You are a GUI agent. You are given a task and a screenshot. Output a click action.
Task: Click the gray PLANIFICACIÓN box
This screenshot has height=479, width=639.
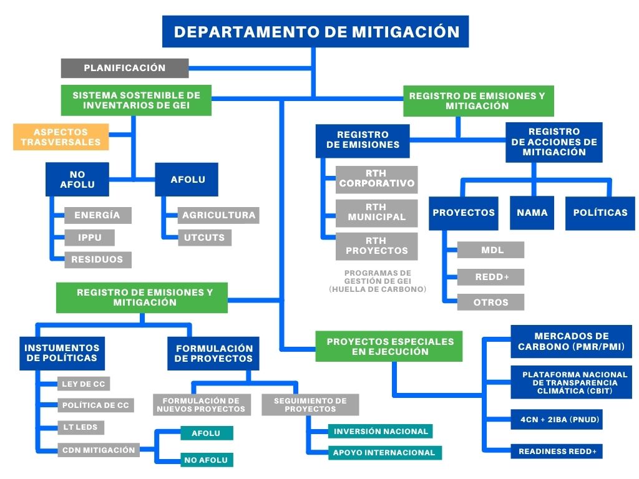pos(125,68)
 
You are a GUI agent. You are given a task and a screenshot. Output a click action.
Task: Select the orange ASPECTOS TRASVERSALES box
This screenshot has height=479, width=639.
pos(61,137)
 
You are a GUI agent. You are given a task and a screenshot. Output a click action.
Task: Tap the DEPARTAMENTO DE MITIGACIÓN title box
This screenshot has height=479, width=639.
pos(315,31)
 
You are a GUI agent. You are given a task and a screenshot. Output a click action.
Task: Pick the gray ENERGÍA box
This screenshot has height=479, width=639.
pos(98,215)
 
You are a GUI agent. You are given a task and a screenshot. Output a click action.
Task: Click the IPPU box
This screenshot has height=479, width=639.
pos(89,238)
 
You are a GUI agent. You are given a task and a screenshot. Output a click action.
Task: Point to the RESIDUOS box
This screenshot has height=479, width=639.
pos(98,259)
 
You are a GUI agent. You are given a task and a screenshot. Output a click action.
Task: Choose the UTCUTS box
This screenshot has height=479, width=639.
pos(205,238)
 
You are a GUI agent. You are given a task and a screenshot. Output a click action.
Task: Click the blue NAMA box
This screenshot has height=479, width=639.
pos(532,213)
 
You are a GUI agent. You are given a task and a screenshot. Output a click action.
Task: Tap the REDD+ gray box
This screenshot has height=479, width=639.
pos(490,277)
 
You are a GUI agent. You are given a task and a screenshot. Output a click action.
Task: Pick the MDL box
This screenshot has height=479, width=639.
pos(490,249)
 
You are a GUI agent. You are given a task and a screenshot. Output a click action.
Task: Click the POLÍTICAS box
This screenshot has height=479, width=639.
pos(600,213)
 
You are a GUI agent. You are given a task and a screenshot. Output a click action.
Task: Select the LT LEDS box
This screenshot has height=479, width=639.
pos(80,427)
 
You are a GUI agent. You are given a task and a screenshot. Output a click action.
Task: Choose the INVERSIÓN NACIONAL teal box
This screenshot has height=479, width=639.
pos(380,432)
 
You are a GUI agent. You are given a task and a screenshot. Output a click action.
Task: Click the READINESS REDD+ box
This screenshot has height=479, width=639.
pos(557,452)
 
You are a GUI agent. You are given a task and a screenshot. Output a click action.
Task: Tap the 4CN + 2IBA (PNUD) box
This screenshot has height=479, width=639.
pos(557,420)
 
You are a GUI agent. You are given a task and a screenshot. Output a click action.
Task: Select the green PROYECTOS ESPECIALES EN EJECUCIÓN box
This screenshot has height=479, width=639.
pos(389,346)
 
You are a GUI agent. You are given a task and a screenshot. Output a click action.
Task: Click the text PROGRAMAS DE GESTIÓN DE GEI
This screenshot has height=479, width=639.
pos(378,277)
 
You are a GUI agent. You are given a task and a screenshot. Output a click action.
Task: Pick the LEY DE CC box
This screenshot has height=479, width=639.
pos(84,384)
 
